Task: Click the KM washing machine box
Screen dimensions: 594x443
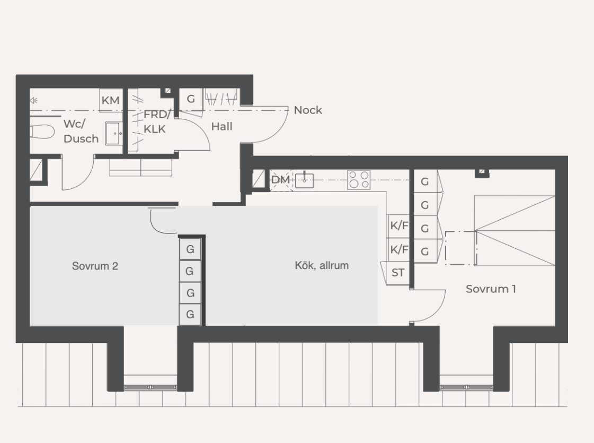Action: (111, 100)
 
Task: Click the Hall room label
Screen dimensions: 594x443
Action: (221, 126)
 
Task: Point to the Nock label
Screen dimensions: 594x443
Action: (308, 110)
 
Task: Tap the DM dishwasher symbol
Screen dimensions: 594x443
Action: (281, 180)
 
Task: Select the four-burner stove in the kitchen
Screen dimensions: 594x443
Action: (359, 180)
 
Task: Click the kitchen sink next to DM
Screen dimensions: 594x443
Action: (304, 180)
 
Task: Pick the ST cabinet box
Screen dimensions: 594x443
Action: (398, 273)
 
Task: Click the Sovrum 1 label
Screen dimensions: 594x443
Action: (491, 289)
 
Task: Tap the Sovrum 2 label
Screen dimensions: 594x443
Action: (95, 266)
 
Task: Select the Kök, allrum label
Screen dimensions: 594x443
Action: (322, 265)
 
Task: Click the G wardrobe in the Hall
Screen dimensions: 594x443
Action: (191, 99)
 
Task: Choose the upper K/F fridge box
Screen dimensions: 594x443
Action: (398, 226)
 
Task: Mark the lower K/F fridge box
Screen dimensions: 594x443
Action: (398, 249)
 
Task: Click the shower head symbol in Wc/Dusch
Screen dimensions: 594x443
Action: (33, 100)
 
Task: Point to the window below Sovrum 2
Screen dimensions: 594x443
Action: (150, 387)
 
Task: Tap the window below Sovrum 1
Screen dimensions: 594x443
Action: (466, 387)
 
